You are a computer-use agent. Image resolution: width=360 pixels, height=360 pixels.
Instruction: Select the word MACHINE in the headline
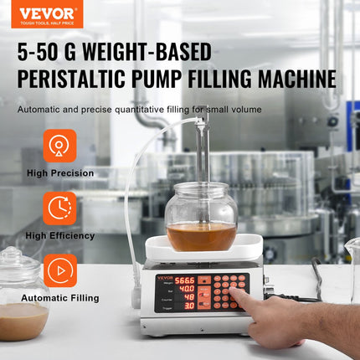(x=290, y=79)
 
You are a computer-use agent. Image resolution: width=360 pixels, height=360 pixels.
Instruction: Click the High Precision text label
(x=59, y=173)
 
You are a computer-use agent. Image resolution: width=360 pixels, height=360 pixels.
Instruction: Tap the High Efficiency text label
(x=59, y=235)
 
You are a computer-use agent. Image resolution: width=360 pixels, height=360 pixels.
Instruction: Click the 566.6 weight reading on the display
(x=184, y=281)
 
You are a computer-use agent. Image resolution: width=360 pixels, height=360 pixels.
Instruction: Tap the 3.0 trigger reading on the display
(x=189, y=306)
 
